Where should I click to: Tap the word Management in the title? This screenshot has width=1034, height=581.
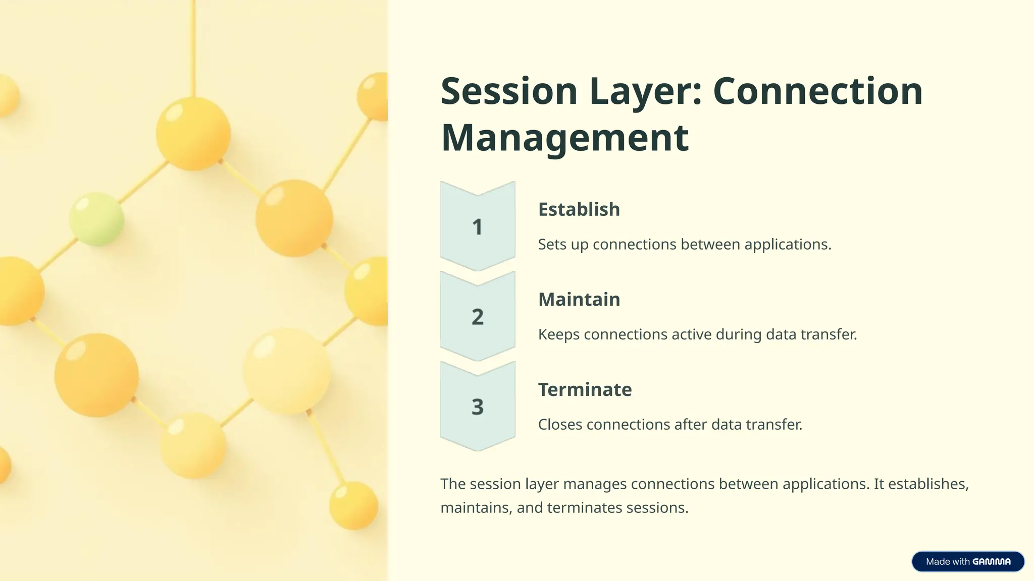point(564,138)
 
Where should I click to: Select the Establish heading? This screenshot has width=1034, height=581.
point(579,209)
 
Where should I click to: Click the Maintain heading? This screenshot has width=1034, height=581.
point(579,300)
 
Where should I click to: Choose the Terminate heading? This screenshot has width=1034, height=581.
point(585,389)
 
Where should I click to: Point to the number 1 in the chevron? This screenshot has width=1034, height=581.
point(477,227)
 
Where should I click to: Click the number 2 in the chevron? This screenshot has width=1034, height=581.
point(477,317)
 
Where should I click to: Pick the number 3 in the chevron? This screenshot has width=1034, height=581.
point(477,406)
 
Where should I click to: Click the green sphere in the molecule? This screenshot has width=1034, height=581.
point(96,219)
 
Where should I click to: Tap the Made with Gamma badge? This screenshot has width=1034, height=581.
point(967,561)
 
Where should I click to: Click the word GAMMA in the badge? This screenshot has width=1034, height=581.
point(991,561)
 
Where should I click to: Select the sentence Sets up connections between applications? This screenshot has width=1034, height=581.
point(684,245)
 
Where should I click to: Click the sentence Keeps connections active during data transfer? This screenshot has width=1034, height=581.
point(697,334)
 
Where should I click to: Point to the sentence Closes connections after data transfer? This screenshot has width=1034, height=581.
point(670,425)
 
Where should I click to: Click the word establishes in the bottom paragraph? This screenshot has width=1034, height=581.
point(928,484)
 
